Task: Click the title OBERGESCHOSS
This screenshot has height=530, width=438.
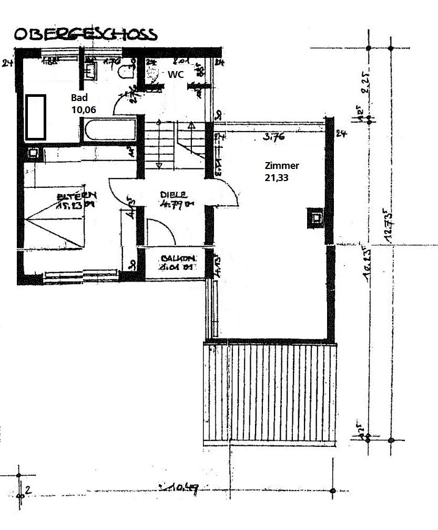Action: pyautogui.click(x=85, y=34)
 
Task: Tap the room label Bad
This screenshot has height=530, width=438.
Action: pyautogui.click(x=79, y=98)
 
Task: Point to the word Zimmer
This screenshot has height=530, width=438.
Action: pyautogui.click(x=282, y=166)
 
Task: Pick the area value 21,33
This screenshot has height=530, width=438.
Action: pyautogui.click(x=277, y=178)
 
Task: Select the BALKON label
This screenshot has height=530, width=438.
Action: pyautogui.click(x=178, y=258)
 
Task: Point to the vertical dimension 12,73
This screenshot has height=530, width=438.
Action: pyautogui.click(x=389, y=226)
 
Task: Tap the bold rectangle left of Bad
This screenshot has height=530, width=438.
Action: pyautogui.click(x=35, y=117)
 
